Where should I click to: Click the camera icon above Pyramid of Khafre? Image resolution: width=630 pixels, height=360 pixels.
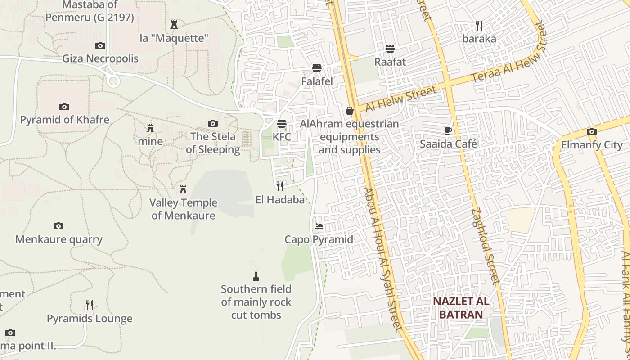pos(64,107)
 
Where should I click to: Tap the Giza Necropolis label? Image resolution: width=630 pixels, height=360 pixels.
pos(100,58)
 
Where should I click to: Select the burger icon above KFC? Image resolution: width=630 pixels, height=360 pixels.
pos(282,123)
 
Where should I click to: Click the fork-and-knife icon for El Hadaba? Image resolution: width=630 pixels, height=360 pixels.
pos(280,186)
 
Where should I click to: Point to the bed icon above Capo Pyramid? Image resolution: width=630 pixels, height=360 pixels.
pos(319,226)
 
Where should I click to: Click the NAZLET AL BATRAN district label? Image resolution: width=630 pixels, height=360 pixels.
pos(461,308)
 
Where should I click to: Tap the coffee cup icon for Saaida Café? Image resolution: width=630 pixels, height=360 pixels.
pos(448,130)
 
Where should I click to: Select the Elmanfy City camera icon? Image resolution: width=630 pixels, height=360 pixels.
pos(592,131)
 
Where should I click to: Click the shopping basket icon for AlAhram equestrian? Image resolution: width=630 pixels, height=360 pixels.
pos(350,110)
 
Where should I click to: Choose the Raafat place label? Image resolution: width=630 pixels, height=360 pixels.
pos(390,62)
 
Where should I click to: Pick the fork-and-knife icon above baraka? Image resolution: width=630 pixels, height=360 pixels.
pos(479,25)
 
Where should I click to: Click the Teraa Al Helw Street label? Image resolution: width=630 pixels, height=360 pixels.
pos(508,53)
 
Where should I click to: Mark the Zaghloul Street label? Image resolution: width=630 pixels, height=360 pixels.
pos(486,246)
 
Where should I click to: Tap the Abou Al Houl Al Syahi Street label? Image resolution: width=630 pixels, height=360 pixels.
pos(383,259)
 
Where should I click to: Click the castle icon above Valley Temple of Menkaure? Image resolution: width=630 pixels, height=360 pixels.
pos(183,189)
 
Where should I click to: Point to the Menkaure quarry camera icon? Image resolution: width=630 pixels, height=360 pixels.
pos(58,226)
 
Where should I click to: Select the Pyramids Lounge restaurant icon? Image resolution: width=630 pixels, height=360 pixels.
pos(90,305)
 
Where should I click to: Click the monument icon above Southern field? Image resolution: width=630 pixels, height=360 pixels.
pos(256,276)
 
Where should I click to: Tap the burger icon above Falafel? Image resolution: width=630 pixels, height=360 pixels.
pos(317,68)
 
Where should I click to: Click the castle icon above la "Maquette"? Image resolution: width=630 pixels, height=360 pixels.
pos(174,24)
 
